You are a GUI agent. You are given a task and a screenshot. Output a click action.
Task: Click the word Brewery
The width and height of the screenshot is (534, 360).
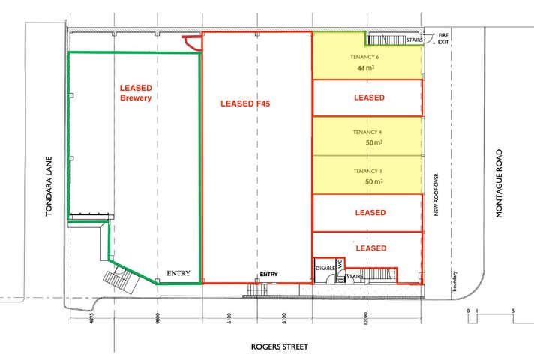click(136, 98)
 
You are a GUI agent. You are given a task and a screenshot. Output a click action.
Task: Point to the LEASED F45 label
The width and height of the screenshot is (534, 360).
click(244, 104)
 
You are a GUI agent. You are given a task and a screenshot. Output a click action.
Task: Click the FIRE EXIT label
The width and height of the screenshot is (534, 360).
click(444, 37)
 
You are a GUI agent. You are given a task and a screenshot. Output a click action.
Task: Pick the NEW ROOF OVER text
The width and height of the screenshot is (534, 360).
click(435, 194)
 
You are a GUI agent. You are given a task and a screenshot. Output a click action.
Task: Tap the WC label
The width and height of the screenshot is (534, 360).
click(340, 265)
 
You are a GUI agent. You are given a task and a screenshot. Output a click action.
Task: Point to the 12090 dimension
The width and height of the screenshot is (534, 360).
click(365, 318)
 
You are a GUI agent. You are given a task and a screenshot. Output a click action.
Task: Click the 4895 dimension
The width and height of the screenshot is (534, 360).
click(91, 318)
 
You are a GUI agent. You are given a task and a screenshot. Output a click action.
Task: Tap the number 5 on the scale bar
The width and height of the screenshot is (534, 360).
click(513, 310)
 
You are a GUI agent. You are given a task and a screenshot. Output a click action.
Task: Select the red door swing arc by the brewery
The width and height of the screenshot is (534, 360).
click(193, 43)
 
